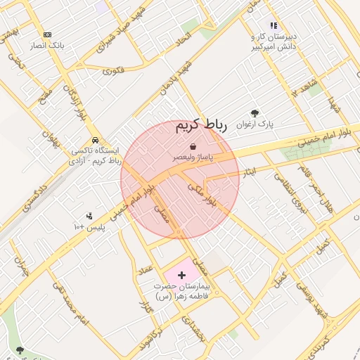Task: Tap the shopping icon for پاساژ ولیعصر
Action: click(x=193, y=146)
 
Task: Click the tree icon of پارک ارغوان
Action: click(x=255, y=112)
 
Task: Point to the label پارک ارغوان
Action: click(x=255, y=124)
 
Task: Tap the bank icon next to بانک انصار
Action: click(x=47, y=34)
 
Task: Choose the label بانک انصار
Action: click(x=47, y=45)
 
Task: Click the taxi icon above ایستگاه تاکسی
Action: click(x=95, y=139)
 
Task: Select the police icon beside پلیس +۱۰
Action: click(x=89, y=216)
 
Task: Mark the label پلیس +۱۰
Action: click(x=89, y=228)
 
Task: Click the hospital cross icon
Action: click(x=182, y=275)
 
